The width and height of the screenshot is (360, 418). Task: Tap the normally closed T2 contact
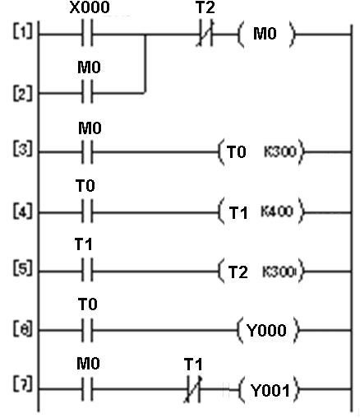tap(205, 35)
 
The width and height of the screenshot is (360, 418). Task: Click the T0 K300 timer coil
tap(260, 152)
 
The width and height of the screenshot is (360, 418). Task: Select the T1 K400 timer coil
tap(260, 211)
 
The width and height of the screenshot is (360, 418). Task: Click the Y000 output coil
tap(268, 330)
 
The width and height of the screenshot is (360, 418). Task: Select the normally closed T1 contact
tap(195, 389)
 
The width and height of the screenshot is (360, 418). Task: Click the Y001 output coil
tap(268, 389)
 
